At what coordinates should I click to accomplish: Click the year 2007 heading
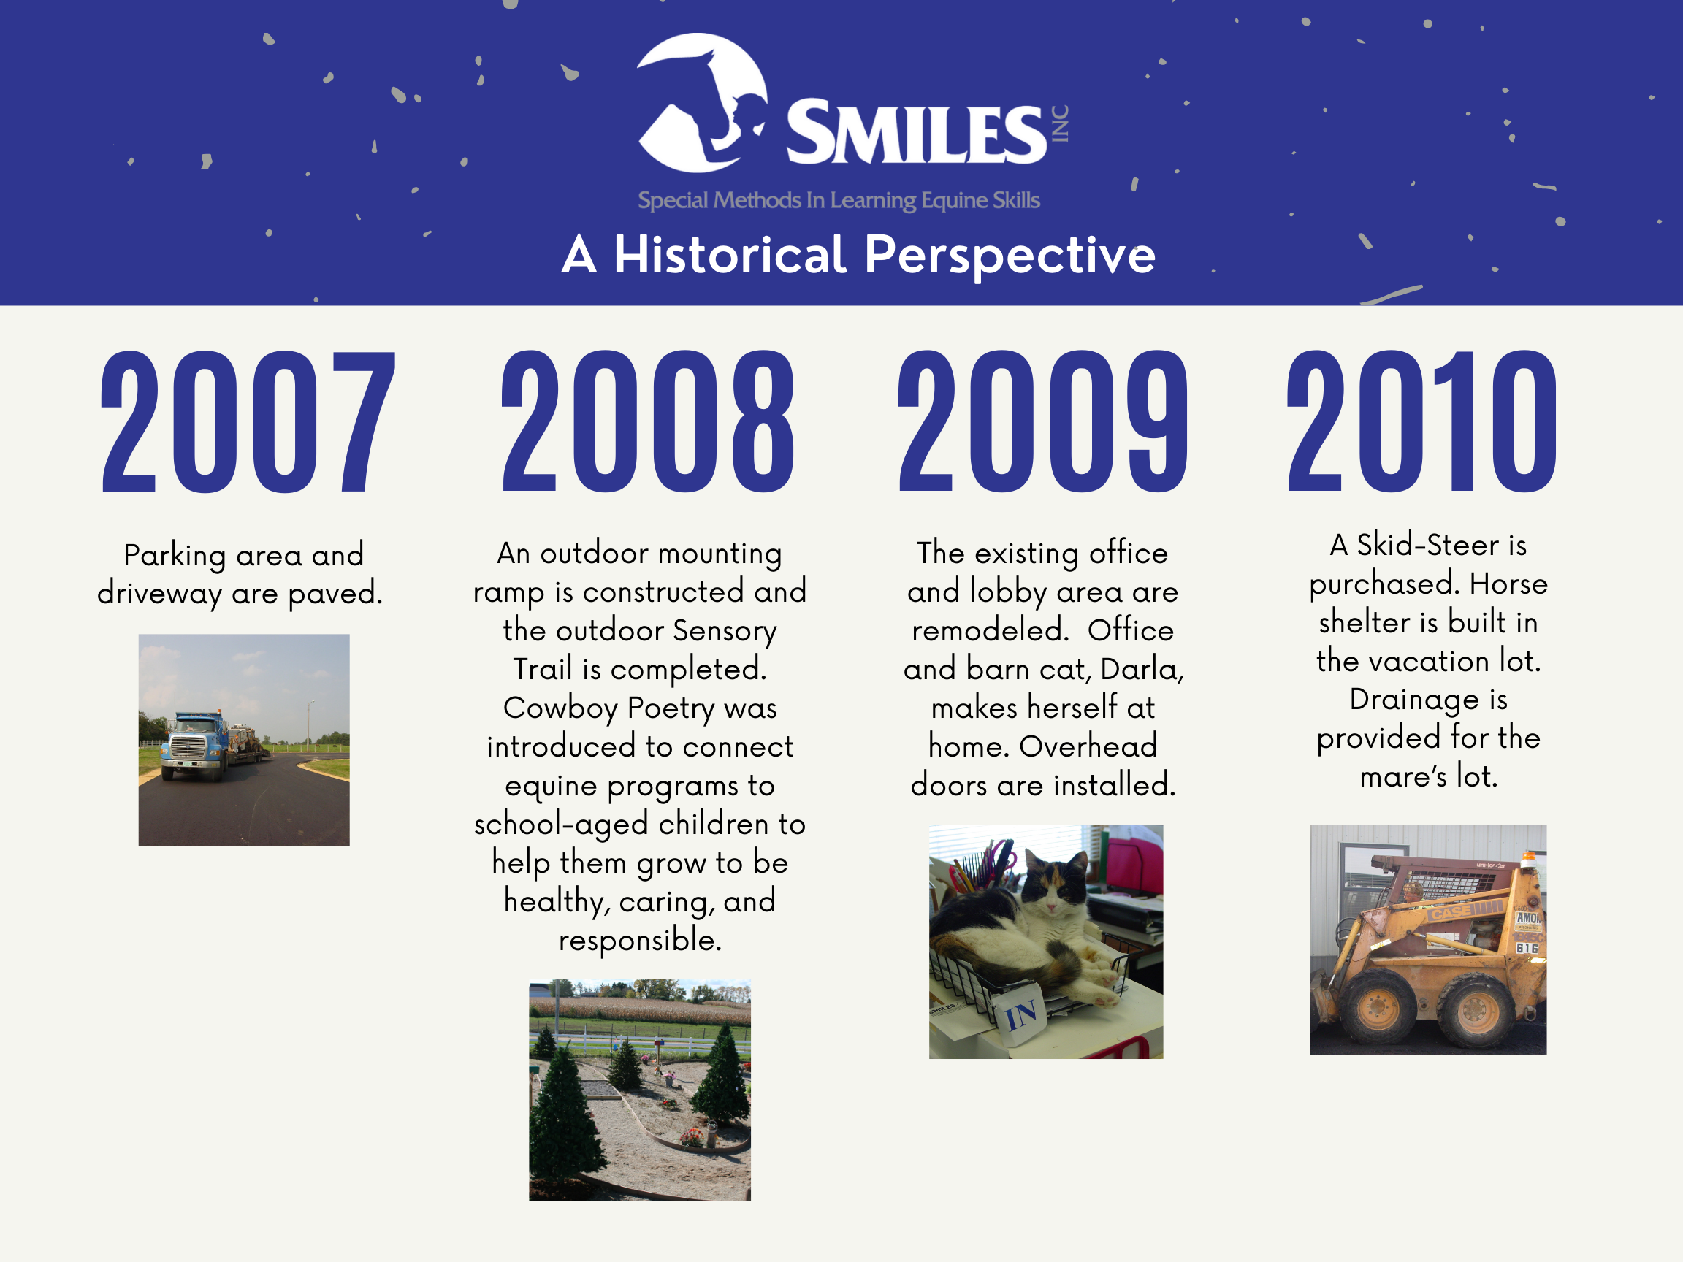pos(248,422)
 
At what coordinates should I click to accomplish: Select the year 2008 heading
pos(647,422)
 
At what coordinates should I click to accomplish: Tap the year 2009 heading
pos(1042,422)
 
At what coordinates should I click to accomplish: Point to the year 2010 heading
pos(1421,422)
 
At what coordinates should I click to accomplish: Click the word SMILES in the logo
pos(917,133)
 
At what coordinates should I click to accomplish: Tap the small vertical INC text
pos(1060,123)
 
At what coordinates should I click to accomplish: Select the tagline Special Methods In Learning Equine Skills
pos(839,200)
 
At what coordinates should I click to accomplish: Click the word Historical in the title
pos(730,255)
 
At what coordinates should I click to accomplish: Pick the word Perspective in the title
pos(1010,256)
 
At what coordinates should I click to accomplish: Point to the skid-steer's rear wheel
pos(1476,1009)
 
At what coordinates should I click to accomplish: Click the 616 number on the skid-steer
pos(1526,948)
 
